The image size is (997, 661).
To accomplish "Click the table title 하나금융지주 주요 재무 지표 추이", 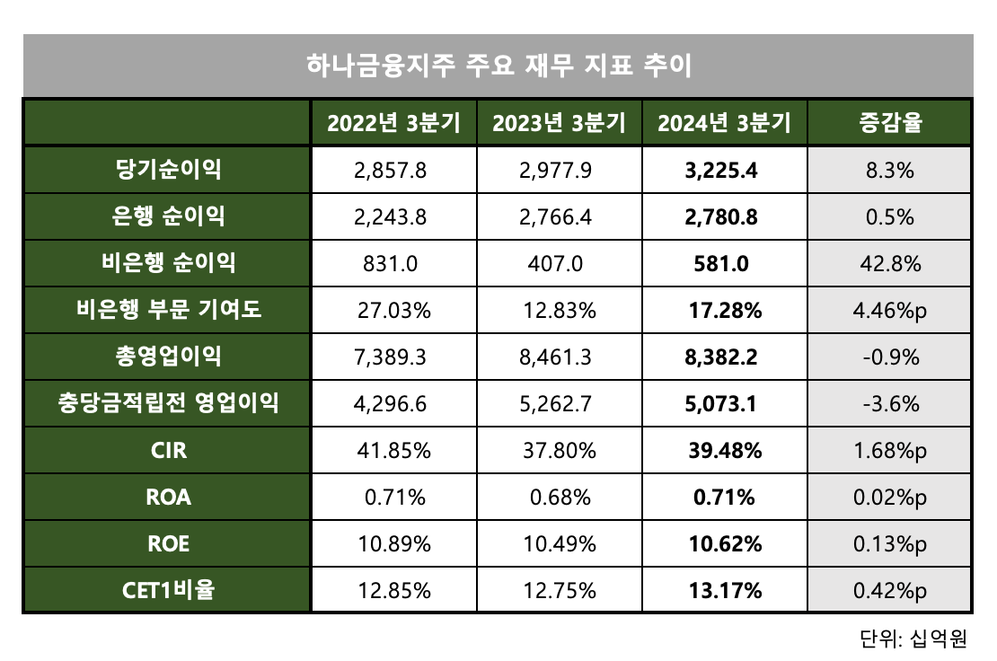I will pos(498,66).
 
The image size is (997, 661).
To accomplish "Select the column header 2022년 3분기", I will pos(393,123).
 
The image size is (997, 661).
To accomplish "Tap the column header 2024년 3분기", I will pos(724,123).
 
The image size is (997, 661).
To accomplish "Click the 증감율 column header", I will pos(889,123).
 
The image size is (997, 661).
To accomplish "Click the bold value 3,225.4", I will pos(724,170).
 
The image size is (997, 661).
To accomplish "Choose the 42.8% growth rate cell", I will pos(889,263).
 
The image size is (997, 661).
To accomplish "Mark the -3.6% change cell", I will pos(889,403).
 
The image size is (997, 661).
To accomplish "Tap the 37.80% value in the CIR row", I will pos(559,450).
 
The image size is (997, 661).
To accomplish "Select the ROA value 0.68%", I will pos(559,497).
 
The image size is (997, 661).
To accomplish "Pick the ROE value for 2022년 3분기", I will pos(393,543).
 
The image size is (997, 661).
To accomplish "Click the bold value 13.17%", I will pos(724,590).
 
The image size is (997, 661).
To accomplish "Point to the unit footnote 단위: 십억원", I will pos(912,639).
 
